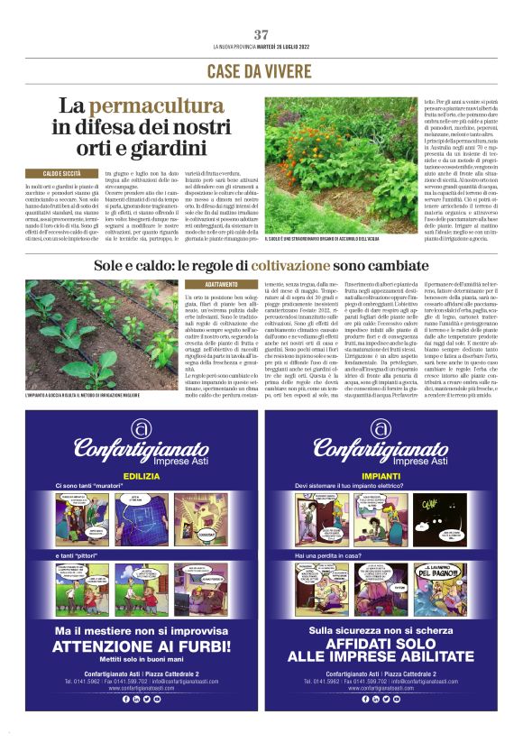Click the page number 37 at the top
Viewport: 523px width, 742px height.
[261, 34]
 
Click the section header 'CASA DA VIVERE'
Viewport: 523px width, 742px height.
[261, 70]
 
